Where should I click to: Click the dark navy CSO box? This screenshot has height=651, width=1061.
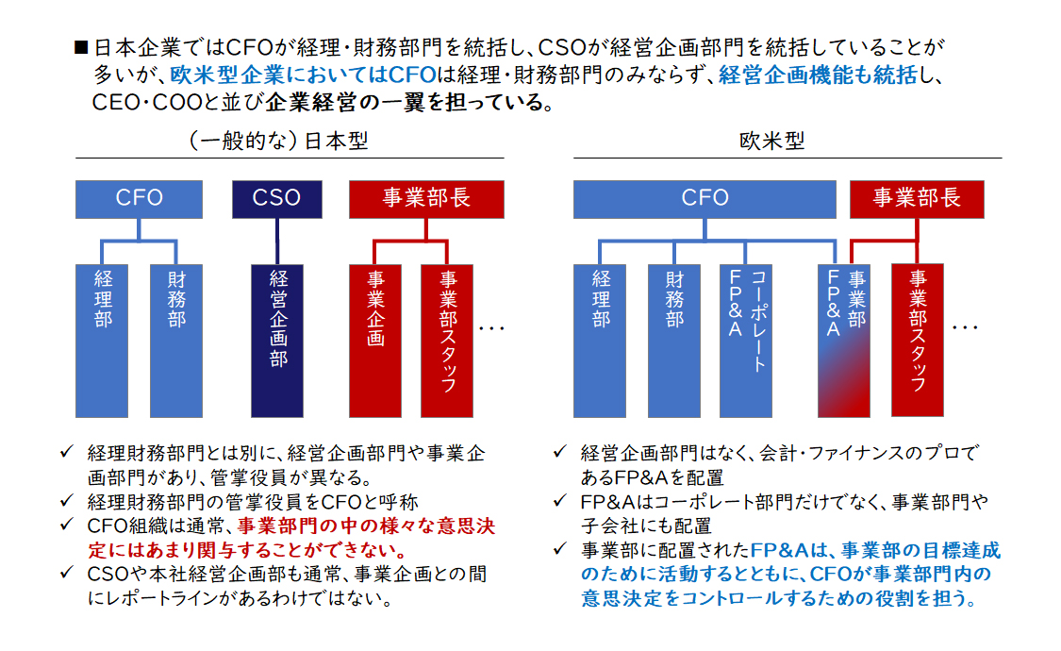click(x=276, y=199)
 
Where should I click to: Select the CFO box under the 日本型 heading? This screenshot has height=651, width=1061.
click(x=139, y=199)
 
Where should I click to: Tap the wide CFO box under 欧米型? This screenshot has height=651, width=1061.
click(x=705, y=199)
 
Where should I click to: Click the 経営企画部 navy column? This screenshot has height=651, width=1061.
click(x=276, y=341)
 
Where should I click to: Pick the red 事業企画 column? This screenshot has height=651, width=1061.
click(x=374, y=341)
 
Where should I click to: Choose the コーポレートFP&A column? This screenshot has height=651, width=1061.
click(x=746, y=341)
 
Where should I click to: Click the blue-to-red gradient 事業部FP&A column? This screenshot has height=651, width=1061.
click(x=844, y=341)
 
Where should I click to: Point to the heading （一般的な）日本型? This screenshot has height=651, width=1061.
click(x=278, y=141)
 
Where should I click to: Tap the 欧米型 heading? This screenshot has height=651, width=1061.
click(x=772, y=141)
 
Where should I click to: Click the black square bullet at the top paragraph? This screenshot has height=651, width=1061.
click(x=81, y=46)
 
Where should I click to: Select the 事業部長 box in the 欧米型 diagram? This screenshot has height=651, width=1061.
click(x=917, y=199)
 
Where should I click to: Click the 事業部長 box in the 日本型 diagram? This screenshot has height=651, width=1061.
click(x=426, y=199)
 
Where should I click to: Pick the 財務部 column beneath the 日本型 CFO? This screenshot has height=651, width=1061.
click(x=176, y=341)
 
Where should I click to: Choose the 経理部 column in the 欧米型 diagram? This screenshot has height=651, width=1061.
click(x=600, y=341)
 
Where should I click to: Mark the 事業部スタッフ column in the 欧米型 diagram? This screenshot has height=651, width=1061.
click(x=917, y=341)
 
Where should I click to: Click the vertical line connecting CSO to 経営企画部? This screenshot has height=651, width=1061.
click(x=276, y=242)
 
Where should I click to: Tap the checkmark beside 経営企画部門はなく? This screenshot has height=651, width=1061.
click(x=559, y=451)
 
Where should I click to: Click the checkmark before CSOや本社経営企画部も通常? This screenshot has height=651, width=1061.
click(x=66, y=573)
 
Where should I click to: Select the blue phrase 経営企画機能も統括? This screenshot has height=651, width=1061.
click(x=818, y=75)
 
